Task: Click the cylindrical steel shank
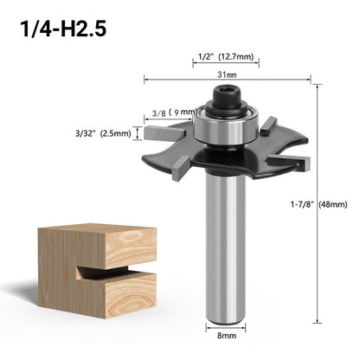pyautogui.click(x=223, y=251)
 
